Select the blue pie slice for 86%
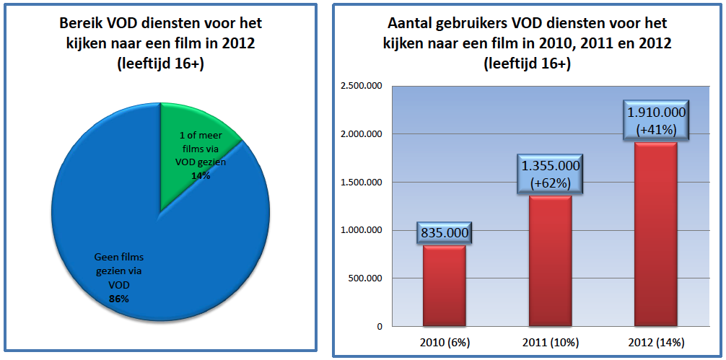pos(130,238)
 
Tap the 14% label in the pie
pos(201,175)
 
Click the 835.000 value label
pos(444,233)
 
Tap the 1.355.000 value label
pos(551,167)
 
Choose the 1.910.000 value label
pos(655,113)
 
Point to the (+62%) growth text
pos(551,183)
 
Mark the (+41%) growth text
pos(655,131)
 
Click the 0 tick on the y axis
pos(378,326)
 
